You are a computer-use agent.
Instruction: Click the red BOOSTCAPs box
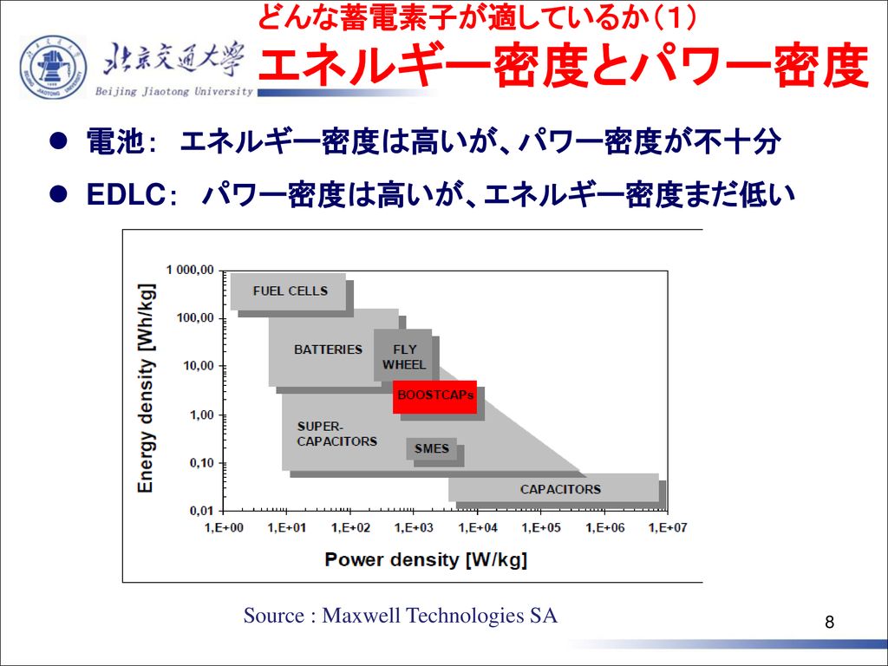click(435, 396)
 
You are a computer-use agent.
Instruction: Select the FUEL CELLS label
click(291, 291)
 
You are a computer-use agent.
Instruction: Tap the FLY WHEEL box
click(403, 356)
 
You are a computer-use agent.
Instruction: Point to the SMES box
click(432, 448)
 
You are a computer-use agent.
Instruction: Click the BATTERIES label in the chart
click(328, 349)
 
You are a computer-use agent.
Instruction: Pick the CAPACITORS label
click(561, 489)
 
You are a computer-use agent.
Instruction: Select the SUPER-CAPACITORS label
click(337, 434)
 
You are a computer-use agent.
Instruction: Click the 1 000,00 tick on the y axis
click(190, 271)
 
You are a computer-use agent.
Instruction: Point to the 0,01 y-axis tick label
click(201, 511)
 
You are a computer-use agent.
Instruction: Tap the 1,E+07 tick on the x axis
click(668, 528)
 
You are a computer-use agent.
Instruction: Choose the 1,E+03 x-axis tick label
click(414, 528)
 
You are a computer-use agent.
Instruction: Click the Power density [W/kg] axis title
click(426, 559)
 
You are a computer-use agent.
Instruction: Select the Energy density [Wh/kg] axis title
click(146, 388)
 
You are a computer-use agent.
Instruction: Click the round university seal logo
click(53, 67)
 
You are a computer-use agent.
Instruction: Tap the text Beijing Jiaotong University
click(173, 91)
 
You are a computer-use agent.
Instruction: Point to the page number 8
click(829, 623)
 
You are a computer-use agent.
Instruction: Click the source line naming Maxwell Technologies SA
click(401, 615)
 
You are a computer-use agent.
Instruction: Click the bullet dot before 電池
click(58, 141)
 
